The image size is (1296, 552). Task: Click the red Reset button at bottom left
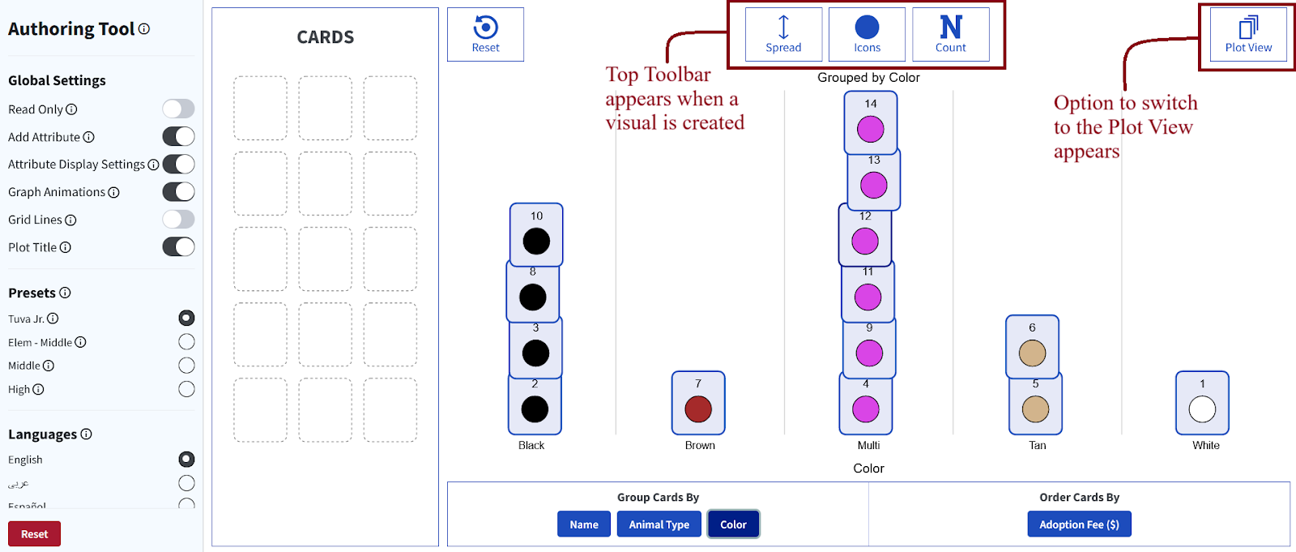(x=34, y=534)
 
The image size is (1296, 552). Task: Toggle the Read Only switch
(x=178, y=109)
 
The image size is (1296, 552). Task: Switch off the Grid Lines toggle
(x=178, y=220)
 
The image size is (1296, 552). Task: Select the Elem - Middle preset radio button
(x=186, y=342)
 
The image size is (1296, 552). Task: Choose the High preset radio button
(x=186, y=389)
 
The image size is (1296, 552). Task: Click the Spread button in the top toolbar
(x=783, y=34)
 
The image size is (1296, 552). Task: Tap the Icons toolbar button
(x=867, y=34)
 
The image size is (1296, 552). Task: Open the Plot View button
(x=1248, y=34)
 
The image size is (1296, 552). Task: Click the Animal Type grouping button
(x=659, y=524)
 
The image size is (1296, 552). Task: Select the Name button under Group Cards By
(x=583, y=524)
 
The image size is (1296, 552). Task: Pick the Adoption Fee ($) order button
(x=1079, y=524)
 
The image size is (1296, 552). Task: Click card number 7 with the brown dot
(x=698, y=402)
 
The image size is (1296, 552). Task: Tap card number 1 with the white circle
(x=1202, y=402)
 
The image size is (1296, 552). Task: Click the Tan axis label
(x=1037, y=445)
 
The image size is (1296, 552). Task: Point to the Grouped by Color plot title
(x=868, y=78)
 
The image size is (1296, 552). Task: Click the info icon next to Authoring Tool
(x=144, y=29)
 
